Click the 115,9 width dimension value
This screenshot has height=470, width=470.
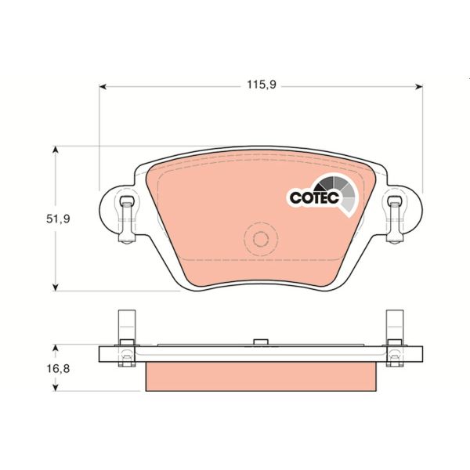261,85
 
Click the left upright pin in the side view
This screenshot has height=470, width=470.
123,325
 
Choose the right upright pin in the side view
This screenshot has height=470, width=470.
394,325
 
